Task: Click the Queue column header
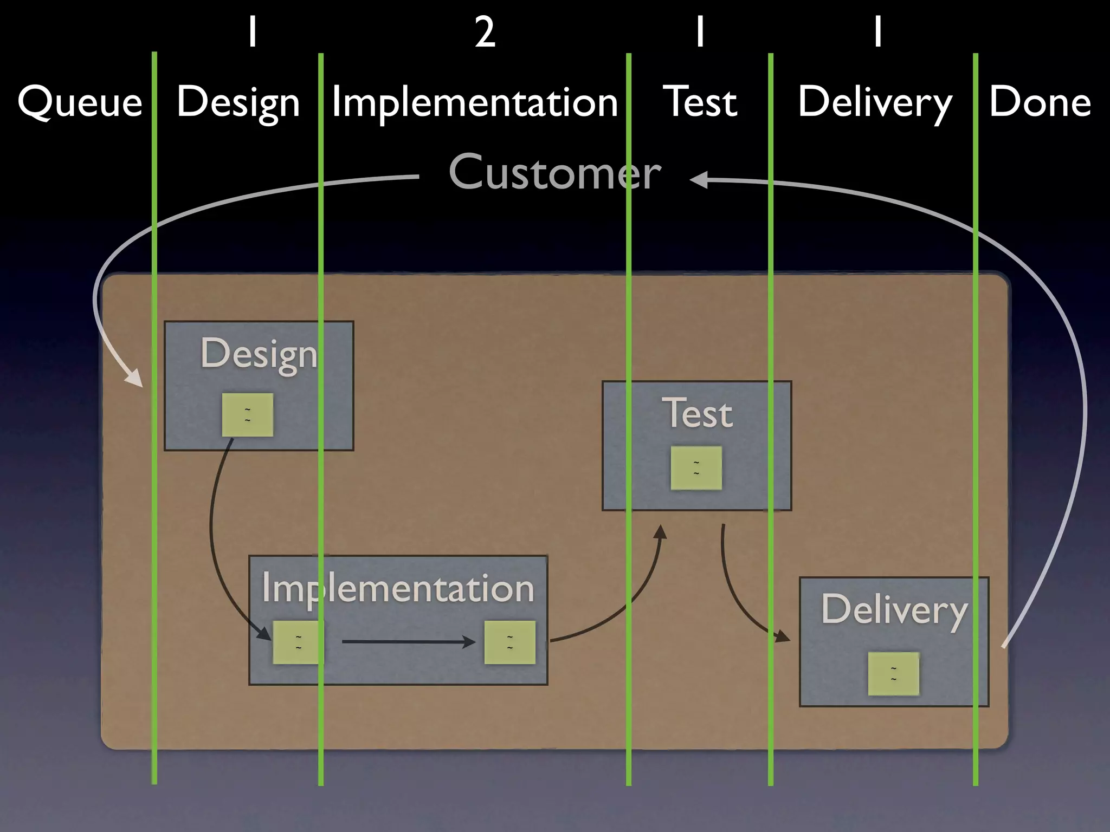(80, 102)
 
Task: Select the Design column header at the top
(238, 102)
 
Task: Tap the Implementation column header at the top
(474, 102)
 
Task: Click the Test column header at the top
(700, 102)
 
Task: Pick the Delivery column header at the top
(874, 102)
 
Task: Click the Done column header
(1040, 102)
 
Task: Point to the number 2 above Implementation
(485, 32)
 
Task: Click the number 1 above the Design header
(252, 32)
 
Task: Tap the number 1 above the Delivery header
(877, 32)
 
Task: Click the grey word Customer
(554, 172)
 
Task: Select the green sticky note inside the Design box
(247, 415)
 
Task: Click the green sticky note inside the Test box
(696, 468)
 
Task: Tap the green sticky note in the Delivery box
(893, 673)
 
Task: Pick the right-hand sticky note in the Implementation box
(509, 642)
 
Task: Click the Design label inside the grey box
(259, 354)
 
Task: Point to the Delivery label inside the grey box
(894, 610)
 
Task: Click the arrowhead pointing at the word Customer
(699, 179)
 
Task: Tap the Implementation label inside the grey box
(398, 589)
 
